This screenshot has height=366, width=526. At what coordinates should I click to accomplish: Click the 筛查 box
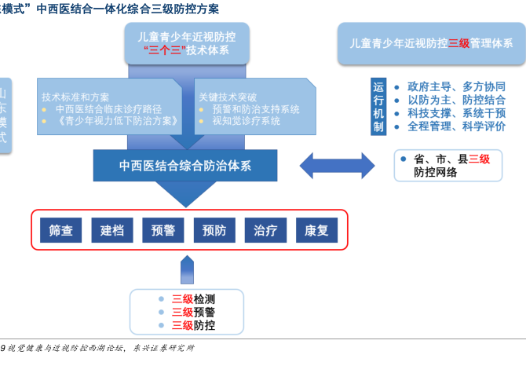point(60,231)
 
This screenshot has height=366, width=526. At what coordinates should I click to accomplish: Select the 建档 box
point(111,231)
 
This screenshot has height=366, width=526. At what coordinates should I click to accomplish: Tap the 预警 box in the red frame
point(163,231)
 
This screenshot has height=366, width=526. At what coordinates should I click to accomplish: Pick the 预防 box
point(214,231)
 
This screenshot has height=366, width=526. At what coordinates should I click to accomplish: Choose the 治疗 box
point(265,231)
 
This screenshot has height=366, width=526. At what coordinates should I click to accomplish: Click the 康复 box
point(316,231)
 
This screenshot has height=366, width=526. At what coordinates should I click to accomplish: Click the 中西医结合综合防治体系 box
point(185,166)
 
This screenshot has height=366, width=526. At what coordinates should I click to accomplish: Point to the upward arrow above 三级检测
point(186,269)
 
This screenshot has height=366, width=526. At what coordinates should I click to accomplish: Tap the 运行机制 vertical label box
point(378,106)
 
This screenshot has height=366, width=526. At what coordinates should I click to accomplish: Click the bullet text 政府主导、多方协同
point(456,87)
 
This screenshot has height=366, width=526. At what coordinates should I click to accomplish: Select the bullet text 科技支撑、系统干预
point(456,113)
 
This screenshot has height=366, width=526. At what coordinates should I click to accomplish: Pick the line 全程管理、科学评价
point(456,126)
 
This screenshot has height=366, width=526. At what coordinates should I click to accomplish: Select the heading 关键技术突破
point(228,97)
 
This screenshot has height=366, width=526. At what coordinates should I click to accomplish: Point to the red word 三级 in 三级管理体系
point(458,44)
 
